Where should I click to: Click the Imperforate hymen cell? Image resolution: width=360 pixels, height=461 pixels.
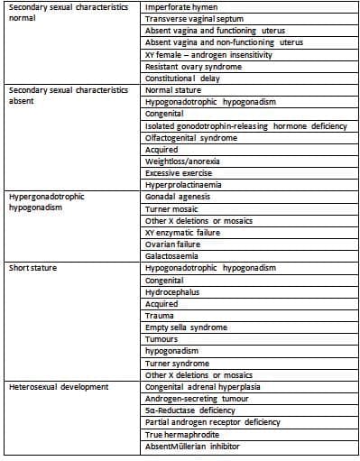click(180, 7)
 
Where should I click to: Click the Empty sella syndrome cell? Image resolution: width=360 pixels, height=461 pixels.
click(186, 327)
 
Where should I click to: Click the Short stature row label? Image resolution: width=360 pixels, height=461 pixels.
click(32, 268)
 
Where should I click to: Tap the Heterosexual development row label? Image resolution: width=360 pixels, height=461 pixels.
click(58, 386)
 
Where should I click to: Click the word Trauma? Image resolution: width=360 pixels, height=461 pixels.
click(160, 315)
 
